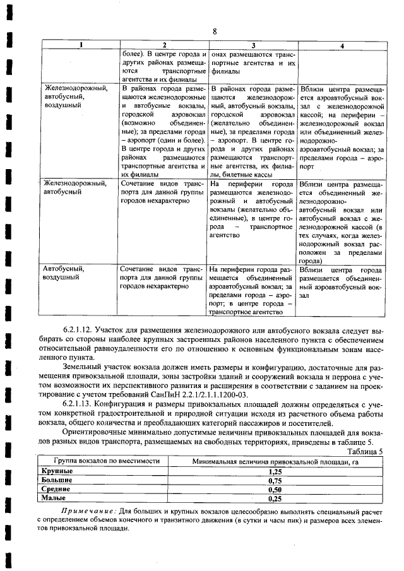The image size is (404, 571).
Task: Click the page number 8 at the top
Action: point(215,31)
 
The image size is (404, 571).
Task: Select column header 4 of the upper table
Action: point(342,46)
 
